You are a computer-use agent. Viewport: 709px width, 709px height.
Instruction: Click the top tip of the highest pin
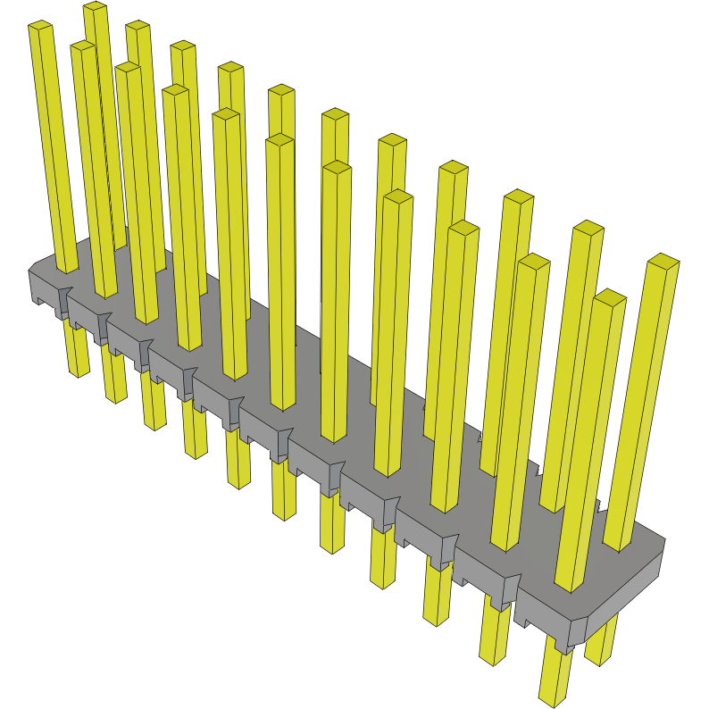coord(96,7)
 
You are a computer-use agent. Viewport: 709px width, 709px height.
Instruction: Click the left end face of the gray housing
coord(42,286)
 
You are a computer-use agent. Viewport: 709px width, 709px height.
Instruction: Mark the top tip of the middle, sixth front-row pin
coord(337,168)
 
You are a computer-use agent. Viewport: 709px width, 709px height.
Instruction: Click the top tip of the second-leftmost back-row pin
coord(138,27)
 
